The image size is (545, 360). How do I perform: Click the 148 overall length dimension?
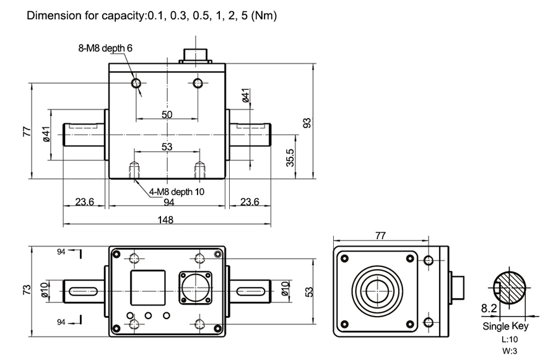coord(165,219)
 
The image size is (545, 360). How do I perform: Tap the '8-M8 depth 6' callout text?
coord(106,47)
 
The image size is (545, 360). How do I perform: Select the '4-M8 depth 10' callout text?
coord(177,191)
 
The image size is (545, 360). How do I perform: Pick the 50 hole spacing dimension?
coord(167,115)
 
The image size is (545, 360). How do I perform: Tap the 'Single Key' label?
coord(505,326)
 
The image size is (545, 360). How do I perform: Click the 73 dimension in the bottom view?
coord(27,290)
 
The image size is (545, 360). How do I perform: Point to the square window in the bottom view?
coord(147,288)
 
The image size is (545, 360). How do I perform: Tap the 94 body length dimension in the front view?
coord(168,202)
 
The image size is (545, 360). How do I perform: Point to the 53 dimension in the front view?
coord(167,147)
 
